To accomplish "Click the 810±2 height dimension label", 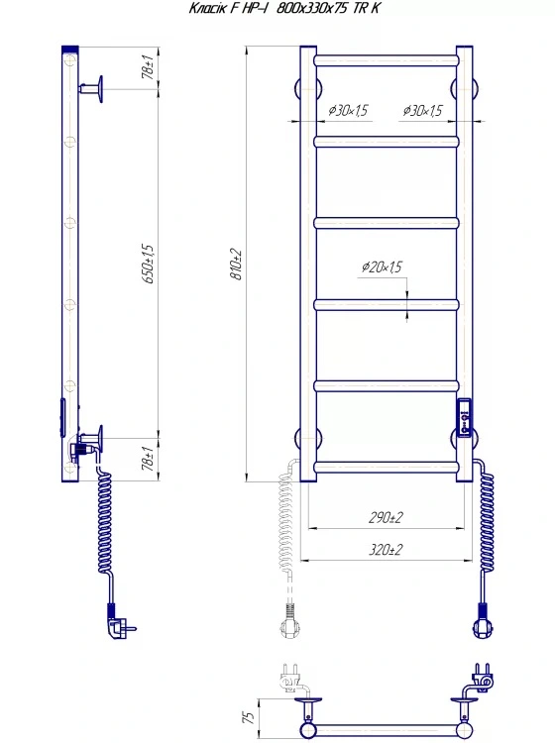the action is point(237,265).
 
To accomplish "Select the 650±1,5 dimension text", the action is point(149,264).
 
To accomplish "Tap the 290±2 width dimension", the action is point(386,517).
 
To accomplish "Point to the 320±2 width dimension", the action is point(386,550).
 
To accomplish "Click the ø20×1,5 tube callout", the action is point(382,266).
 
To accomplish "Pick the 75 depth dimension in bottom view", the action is point(249,717).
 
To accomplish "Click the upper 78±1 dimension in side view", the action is point(149,66).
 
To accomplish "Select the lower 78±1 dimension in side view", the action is point(149,459).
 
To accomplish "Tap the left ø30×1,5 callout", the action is point(348,110).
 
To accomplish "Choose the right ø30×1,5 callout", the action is point(423,110).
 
